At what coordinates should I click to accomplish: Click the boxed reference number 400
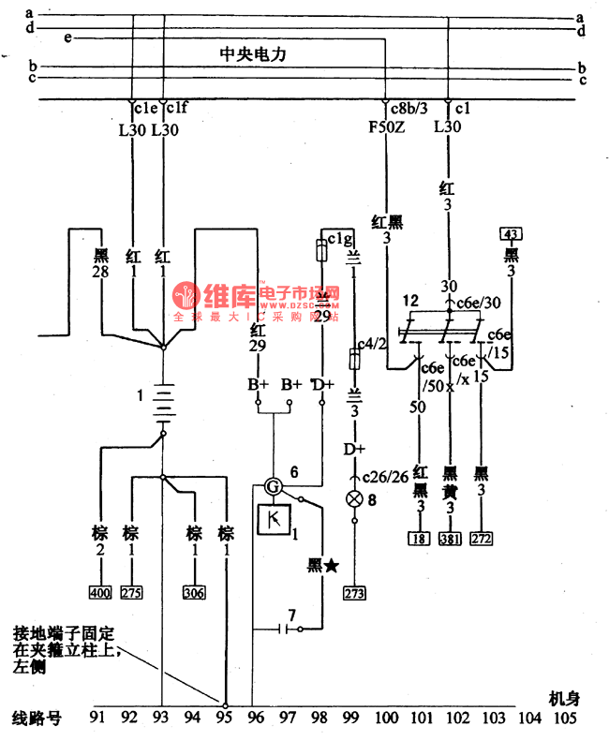(98, 593)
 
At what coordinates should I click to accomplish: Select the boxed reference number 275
(131, 593)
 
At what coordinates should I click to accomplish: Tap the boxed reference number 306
(194, 593)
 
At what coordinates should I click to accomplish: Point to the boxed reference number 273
(354, 592)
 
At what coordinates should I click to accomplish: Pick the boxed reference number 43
(511, 233)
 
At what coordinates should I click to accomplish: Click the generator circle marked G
(272, 486)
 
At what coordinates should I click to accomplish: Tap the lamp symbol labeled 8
(354, 499)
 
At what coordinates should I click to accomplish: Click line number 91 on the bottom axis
(97, 719)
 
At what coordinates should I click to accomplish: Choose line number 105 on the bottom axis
(561, 719)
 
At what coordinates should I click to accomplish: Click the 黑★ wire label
(321, 566)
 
